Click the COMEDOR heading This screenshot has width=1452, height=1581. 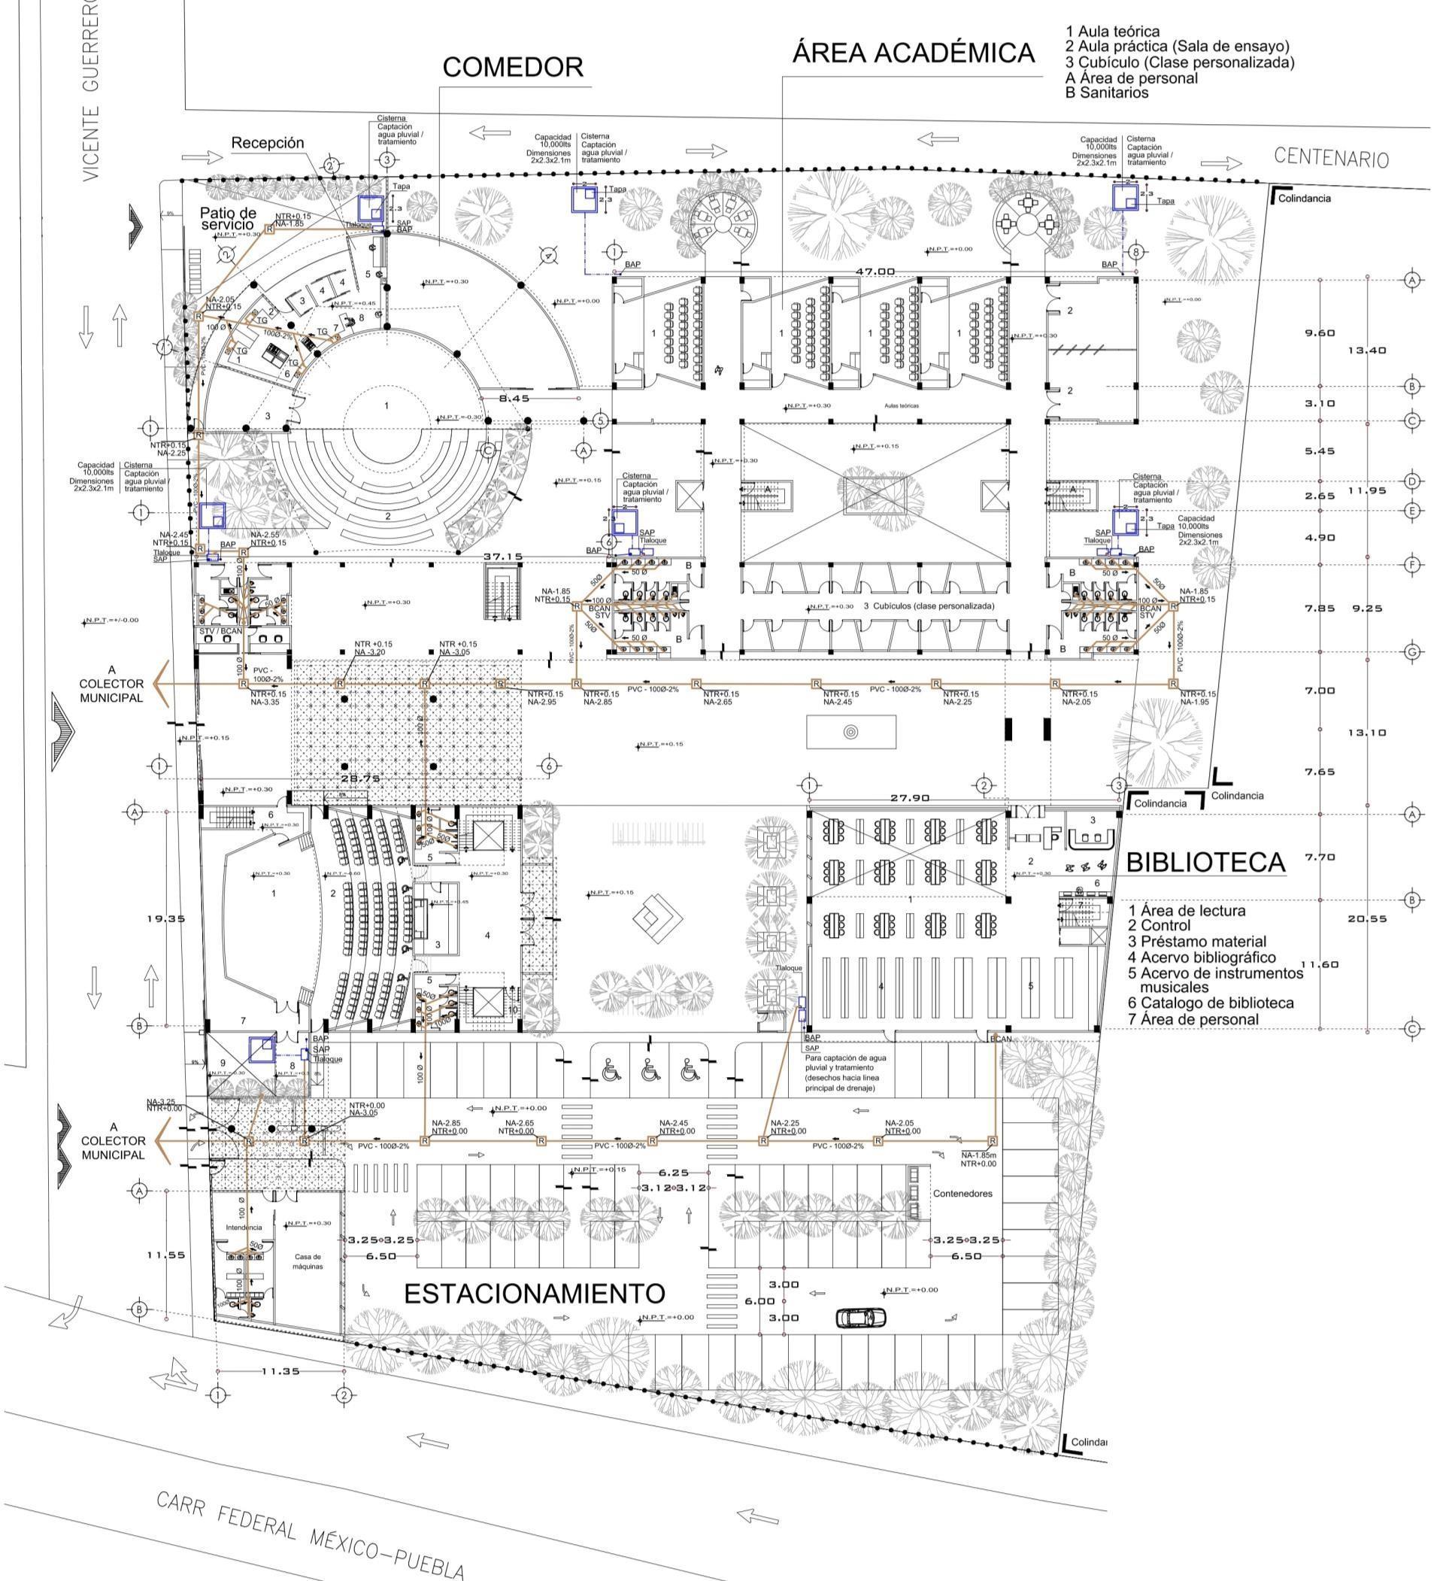512,68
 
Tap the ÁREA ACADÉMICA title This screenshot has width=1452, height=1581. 912,53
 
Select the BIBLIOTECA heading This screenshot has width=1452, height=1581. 1206,862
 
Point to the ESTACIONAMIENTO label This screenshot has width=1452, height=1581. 535,1293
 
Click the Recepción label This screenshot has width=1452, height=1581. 267,143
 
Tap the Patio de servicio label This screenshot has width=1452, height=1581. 228,218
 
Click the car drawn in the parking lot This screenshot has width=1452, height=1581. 860,1317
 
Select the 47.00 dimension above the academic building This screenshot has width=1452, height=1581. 875,271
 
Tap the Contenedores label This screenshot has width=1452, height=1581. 962,1193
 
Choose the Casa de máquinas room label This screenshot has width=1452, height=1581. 308,1262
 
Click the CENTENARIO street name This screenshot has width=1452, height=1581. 1331,157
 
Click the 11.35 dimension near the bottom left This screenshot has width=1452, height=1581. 280,1371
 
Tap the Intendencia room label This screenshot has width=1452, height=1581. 244,1227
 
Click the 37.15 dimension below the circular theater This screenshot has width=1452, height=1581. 503,557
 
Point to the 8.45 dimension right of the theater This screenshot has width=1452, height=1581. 514,399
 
